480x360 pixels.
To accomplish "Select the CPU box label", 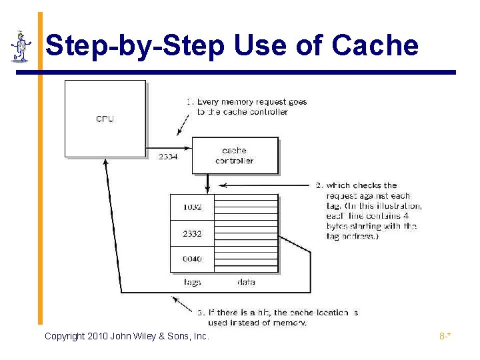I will tap(105, 119).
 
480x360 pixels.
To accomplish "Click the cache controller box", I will tap(235, 155).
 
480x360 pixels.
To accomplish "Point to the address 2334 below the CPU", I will tap(168, 157).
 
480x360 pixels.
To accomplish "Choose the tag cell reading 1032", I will tap(192, 207).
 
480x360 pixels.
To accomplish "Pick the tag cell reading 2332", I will tap(192, 233).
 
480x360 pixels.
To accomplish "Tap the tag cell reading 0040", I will tap(192, 259).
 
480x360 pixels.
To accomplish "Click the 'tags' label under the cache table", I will tap(192, 282).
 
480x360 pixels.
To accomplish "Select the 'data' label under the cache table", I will tap(246, 282).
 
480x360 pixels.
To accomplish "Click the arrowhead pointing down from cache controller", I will tap(208, 188).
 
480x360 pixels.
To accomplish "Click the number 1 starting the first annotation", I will tap(189, 102).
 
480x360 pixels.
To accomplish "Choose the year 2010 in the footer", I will tap(98, 336).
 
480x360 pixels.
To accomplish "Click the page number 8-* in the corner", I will tap(445, 336).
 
